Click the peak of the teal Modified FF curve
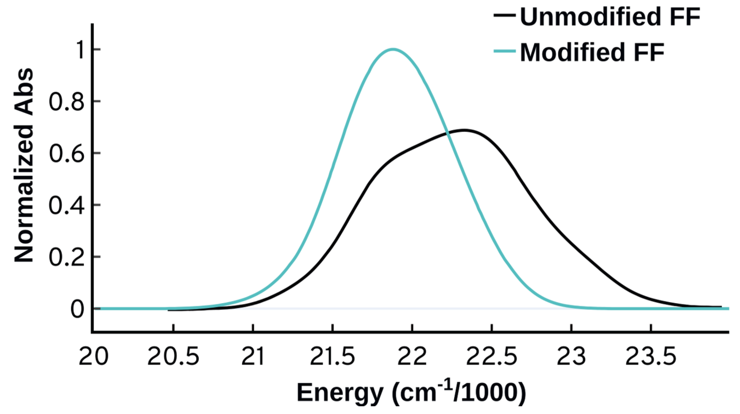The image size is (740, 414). [x=393, y=50]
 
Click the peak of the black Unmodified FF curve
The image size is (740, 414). [x=464, y=130]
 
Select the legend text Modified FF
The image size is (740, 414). [x=592, y=53]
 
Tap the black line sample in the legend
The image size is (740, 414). [x=505, y=15]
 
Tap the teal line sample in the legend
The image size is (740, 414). [x=505, y=51]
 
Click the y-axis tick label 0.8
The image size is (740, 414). [x=66, y=102]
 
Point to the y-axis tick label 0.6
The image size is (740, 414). [x=66, y=154]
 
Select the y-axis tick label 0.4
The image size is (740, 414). [x=66, y=205]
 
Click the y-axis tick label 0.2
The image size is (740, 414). [x=66, y=258]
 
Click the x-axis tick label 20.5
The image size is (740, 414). [x=173, y=356]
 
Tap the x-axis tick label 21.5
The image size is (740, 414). [x=332, y=356]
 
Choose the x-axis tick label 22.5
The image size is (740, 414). [x=492, y=356]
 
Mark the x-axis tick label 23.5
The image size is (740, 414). [x=651, y=356]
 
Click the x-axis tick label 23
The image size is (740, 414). [x=571, y=356]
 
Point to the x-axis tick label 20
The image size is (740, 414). [x=93, y=356]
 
